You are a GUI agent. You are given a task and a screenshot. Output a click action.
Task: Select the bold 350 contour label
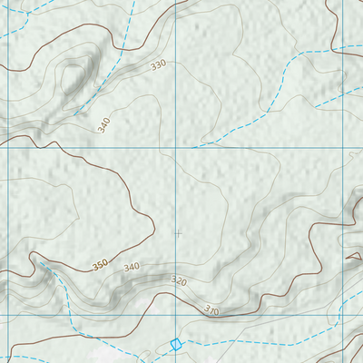(100, 265)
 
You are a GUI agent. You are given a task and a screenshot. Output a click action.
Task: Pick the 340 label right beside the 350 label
(132, 267)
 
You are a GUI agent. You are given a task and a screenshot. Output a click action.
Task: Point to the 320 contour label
(179, 282)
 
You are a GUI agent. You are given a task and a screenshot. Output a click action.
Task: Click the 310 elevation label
(211, 310)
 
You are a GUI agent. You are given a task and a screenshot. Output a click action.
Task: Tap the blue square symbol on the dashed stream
(176, 344)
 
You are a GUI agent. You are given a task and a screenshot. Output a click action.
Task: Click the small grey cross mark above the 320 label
(177, 233)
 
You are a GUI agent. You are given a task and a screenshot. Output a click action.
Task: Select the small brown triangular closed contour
(353, 257)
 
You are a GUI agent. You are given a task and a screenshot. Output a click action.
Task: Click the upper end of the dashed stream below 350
(38, 261)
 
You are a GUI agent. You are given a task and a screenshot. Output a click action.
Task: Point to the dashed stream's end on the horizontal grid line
(193, 145)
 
